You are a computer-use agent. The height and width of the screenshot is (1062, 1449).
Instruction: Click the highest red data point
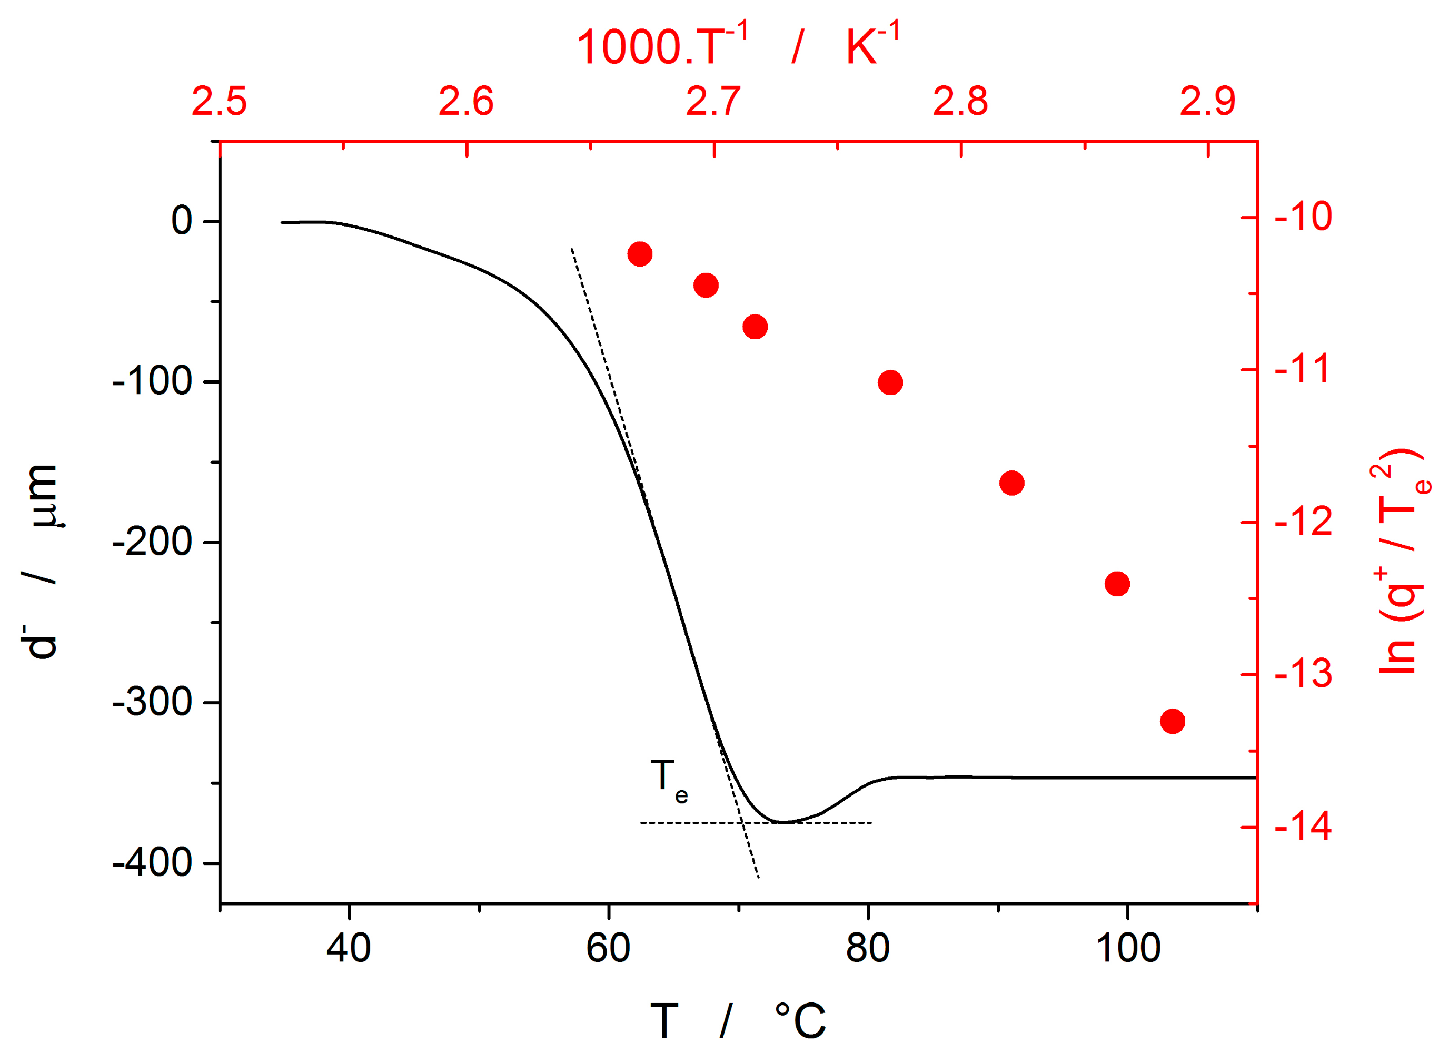pyautogui.click(x=639, y=254)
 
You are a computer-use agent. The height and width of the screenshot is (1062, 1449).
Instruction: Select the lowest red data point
pyautogui.click(x=1172, y=721)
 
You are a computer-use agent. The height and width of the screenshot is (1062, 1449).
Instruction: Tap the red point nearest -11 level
pyautogui.click(x=890, y=382)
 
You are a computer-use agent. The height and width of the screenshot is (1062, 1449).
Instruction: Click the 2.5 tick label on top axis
pyautogui.click(x=219, y=102)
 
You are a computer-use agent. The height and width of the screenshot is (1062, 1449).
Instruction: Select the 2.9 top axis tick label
pyautogui.click(x=1207, y=102)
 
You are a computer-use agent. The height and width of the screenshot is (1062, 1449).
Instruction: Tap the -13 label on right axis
pyautogui.click(x=1303, y=674)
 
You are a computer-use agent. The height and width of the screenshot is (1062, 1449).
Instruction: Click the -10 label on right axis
pyautogui.click(x=1303, y=217)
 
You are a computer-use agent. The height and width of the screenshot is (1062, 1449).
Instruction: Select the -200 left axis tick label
pyautogui.click(x=152, y=542)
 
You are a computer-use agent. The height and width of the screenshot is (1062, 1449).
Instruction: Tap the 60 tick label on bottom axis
pyautogui.click(x=607, y=948)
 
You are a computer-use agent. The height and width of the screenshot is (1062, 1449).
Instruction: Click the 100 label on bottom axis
pyautogui.click(x=1128, y=948)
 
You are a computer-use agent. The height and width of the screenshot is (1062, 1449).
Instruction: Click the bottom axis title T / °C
pyautogui.click(x=737, y=1020)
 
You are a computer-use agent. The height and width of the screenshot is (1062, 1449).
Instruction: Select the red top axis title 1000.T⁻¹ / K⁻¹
pyautogui.click(x=737, y=46)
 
